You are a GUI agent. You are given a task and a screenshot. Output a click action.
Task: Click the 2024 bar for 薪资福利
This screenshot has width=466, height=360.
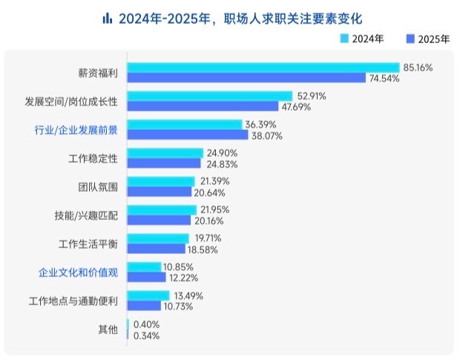click(263, 68)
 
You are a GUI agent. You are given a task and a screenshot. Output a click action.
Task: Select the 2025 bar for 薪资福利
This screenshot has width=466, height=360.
click(246, 78)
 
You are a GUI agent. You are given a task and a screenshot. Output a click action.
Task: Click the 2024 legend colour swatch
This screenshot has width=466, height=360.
click(344, 37)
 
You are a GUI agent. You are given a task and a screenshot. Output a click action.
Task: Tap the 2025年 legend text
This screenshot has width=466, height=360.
click(434, 38)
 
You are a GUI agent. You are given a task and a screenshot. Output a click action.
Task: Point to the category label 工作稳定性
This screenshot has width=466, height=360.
click(93, 157)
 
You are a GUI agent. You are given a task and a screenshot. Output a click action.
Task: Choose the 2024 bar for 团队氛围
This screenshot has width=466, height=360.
click(161, 181)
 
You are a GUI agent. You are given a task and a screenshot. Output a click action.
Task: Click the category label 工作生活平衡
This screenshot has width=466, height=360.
click(88, 243)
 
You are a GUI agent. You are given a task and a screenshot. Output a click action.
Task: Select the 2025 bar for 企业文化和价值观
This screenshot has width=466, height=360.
click(147, 277)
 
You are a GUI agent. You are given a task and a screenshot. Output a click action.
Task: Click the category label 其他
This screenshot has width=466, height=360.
click(108, 329)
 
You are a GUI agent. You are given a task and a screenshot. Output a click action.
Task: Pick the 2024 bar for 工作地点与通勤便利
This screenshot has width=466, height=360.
click(149, 295)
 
